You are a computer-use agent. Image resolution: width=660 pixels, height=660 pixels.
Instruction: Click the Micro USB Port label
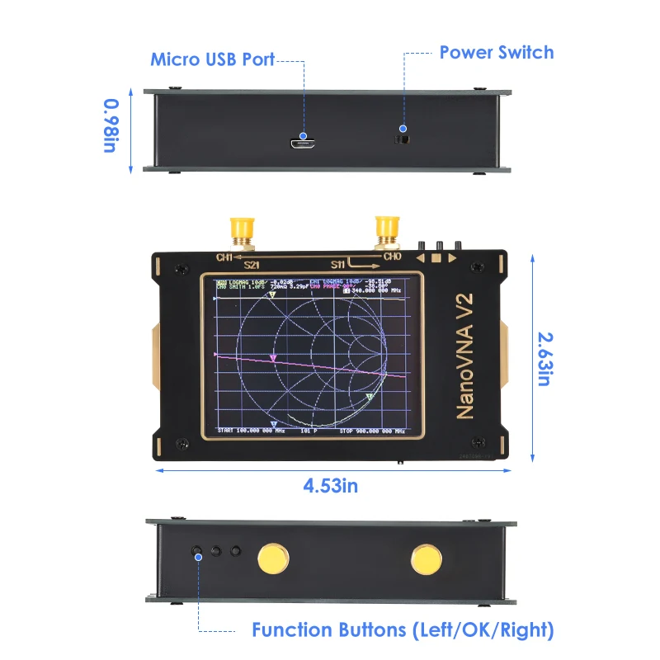click(x=212, y=59)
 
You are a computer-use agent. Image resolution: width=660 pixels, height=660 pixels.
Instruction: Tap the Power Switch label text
click(x=496, y=53)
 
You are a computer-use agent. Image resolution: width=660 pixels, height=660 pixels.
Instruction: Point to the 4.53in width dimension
click(x=330, y=485)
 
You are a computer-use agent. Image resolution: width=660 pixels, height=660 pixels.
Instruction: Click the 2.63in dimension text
click(x=544, y=358)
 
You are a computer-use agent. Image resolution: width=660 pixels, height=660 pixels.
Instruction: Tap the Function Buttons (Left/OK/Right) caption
click(x=403, y=631)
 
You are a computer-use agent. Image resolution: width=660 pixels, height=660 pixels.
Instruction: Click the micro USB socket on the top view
click(x=303, y=144)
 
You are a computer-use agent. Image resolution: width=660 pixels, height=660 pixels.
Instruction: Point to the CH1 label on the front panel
click(x=225, y=257)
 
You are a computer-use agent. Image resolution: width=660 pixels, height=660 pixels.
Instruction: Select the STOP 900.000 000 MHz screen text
click(x=372, y=431)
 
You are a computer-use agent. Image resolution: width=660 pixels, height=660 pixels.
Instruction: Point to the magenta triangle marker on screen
click(x=273, y=357)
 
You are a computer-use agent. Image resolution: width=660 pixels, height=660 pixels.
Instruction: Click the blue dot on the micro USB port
click(x=303, y=135)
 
